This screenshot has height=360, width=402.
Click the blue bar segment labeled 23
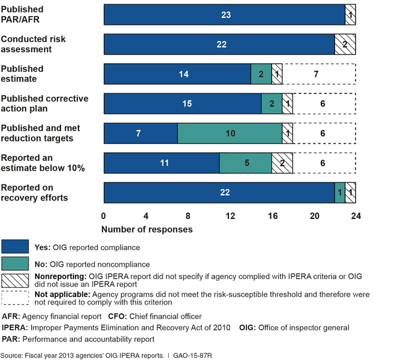click(x=224, y=15)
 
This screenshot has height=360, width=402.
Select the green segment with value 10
click(x=229, y=134)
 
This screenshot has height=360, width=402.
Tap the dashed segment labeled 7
click(x=319, y=74)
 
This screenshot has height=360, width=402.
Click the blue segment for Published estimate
click(x=177, y=74)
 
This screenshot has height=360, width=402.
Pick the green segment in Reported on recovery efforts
click(x=339, y=193)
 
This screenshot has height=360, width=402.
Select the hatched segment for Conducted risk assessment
click(x=344, y=45)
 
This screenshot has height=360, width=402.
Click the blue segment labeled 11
click(x=161, y=163)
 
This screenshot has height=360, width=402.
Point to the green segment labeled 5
click(x=246, y=163)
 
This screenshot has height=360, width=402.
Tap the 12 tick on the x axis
click(x=230, y=216)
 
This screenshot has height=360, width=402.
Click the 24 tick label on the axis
click(x=356, y=216)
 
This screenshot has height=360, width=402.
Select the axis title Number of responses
click(x=147, y=229)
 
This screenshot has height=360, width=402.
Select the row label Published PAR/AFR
click(x=22, y=14)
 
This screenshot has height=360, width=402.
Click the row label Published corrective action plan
click(x=45, y=103)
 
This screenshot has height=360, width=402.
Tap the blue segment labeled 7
click(x=140, y=134)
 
